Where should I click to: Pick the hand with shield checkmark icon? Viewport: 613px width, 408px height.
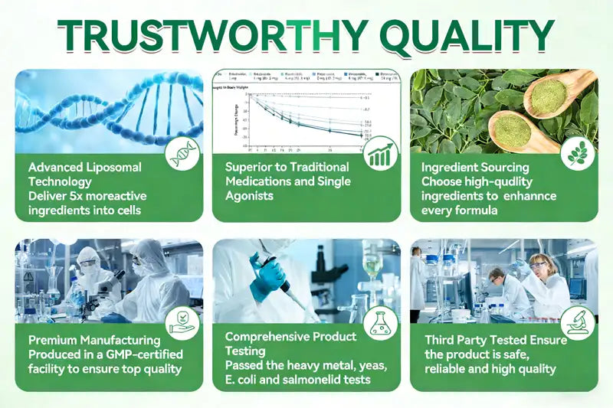pyautogui.click(x=183, y=323)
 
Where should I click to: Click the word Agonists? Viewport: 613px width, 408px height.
pyautogui.click(x=250, y=196)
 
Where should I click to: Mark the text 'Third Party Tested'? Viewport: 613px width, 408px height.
pyautogui.click(x=473, y=340)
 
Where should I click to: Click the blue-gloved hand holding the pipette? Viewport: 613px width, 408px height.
pyautogui.click(x=268, y=274)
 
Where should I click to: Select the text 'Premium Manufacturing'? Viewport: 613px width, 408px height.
pyautogui.click(x=94, y=340)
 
